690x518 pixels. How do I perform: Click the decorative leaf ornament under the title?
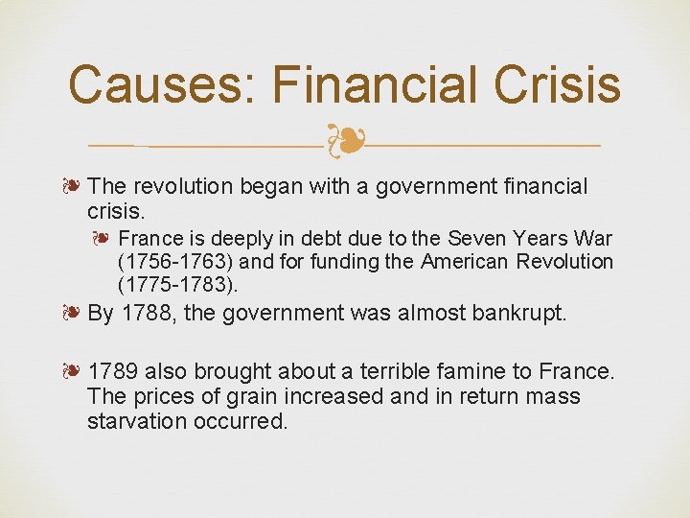[344, 142]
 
